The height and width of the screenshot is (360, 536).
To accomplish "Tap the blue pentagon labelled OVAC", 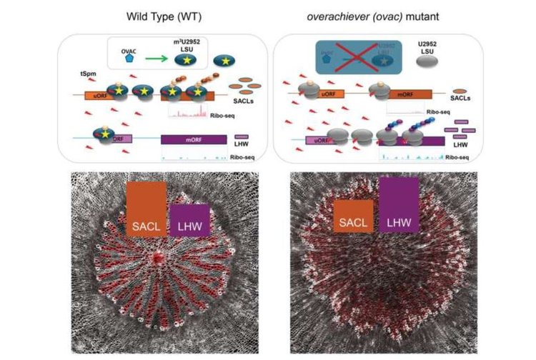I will pyautogui.click(x=129, y=59).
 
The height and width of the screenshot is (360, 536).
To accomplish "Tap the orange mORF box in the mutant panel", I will pyautogui.click(x=404, y=93).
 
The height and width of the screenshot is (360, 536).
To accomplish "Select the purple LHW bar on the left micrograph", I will pyautogui.click(x=189, y=221).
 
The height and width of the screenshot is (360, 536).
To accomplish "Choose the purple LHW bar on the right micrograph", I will pyautogui.click(x=399, y=206).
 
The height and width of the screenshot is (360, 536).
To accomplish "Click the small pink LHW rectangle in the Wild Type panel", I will pyautogui.click(x=241, y=136).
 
